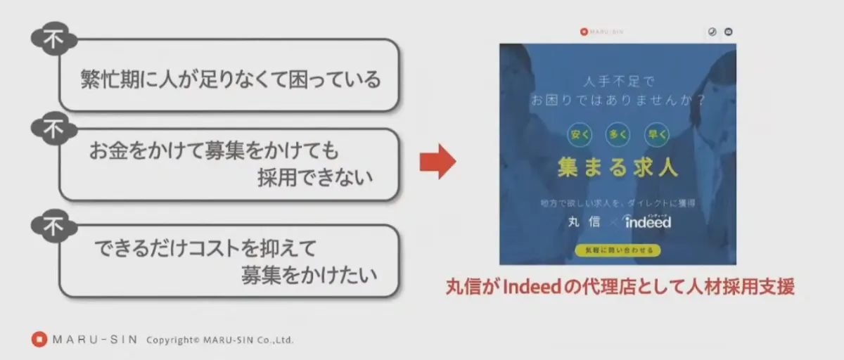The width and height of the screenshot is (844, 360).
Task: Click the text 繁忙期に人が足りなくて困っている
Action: (x=231, y=79)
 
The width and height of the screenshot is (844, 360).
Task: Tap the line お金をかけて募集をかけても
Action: (x=214, y=150)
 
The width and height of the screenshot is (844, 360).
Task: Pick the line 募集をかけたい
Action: (x=309, y=274)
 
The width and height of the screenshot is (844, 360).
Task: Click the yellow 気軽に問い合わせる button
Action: (x=618, y=250)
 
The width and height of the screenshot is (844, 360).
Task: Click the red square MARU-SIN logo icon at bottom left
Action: (x=39, y=340)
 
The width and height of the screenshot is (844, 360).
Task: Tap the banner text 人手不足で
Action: (x=618, y=82)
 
